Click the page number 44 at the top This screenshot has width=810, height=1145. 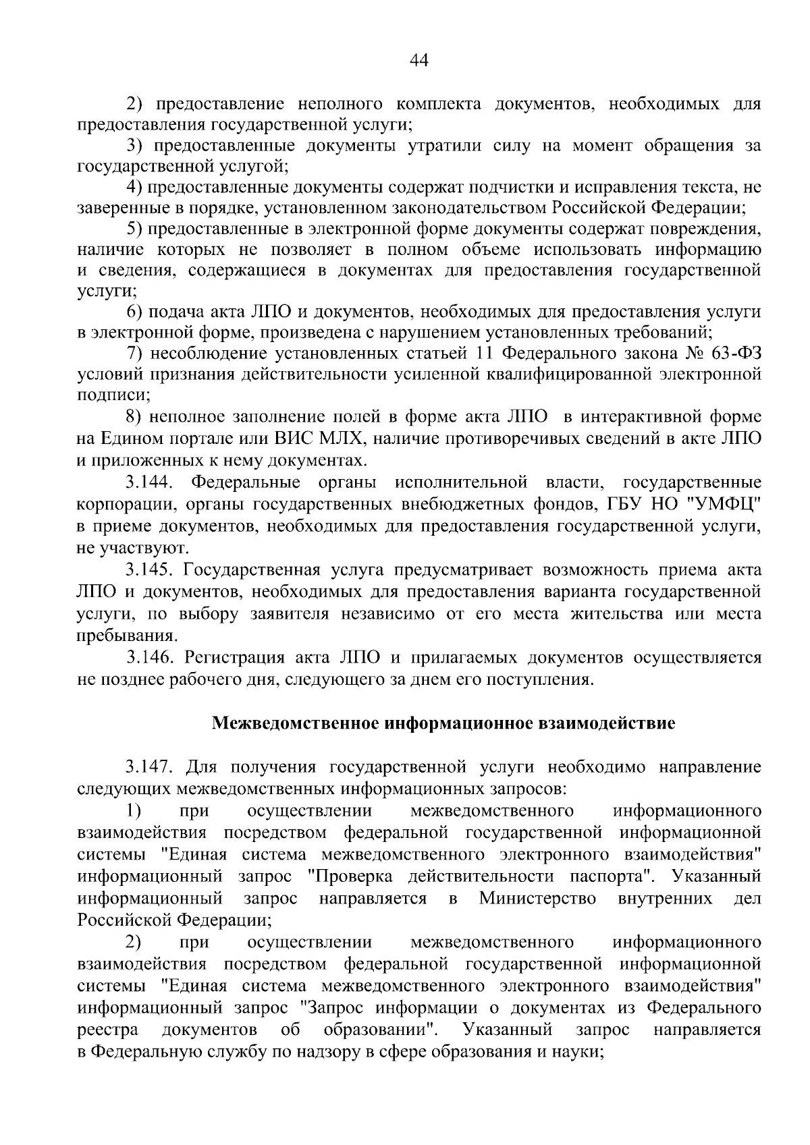(419, 61)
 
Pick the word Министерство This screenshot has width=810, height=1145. (538, 899)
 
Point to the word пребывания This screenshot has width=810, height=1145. (127, 636)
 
